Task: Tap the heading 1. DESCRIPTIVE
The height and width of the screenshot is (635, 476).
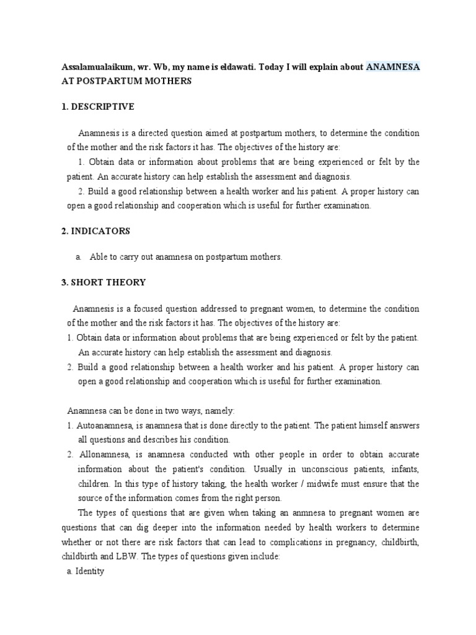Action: pyautogui.click(x=98, y=107)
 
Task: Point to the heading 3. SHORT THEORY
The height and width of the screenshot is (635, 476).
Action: pyautogui.click(x=104, y=282)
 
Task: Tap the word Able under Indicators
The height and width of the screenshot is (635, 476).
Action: pyautogui.click(x=99, y=257)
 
